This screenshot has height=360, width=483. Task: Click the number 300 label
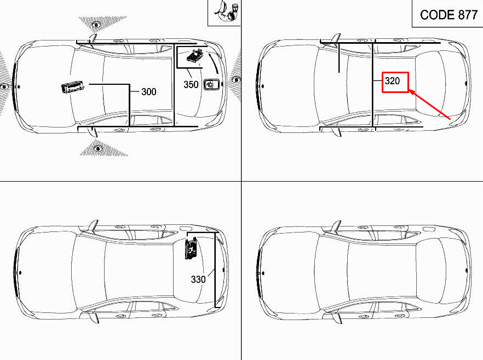[x=149, y=92]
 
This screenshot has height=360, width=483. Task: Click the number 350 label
[x=191, y=85]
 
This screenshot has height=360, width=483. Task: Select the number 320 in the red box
[x=393, y=82]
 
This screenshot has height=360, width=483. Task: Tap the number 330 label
[x=198, y=280]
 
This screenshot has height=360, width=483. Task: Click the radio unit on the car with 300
[x=72, y=88]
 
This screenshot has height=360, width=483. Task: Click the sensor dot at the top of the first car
[x=96, y=25]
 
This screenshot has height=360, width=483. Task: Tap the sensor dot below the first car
[x=98, y=148]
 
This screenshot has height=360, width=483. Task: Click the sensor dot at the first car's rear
[x=236, y=80]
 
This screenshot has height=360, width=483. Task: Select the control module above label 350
[x=194, y=57]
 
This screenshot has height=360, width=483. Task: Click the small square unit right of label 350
[x=210, y=84]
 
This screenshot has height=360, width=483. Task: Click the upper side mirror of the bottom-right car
[x=335, y=226]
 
